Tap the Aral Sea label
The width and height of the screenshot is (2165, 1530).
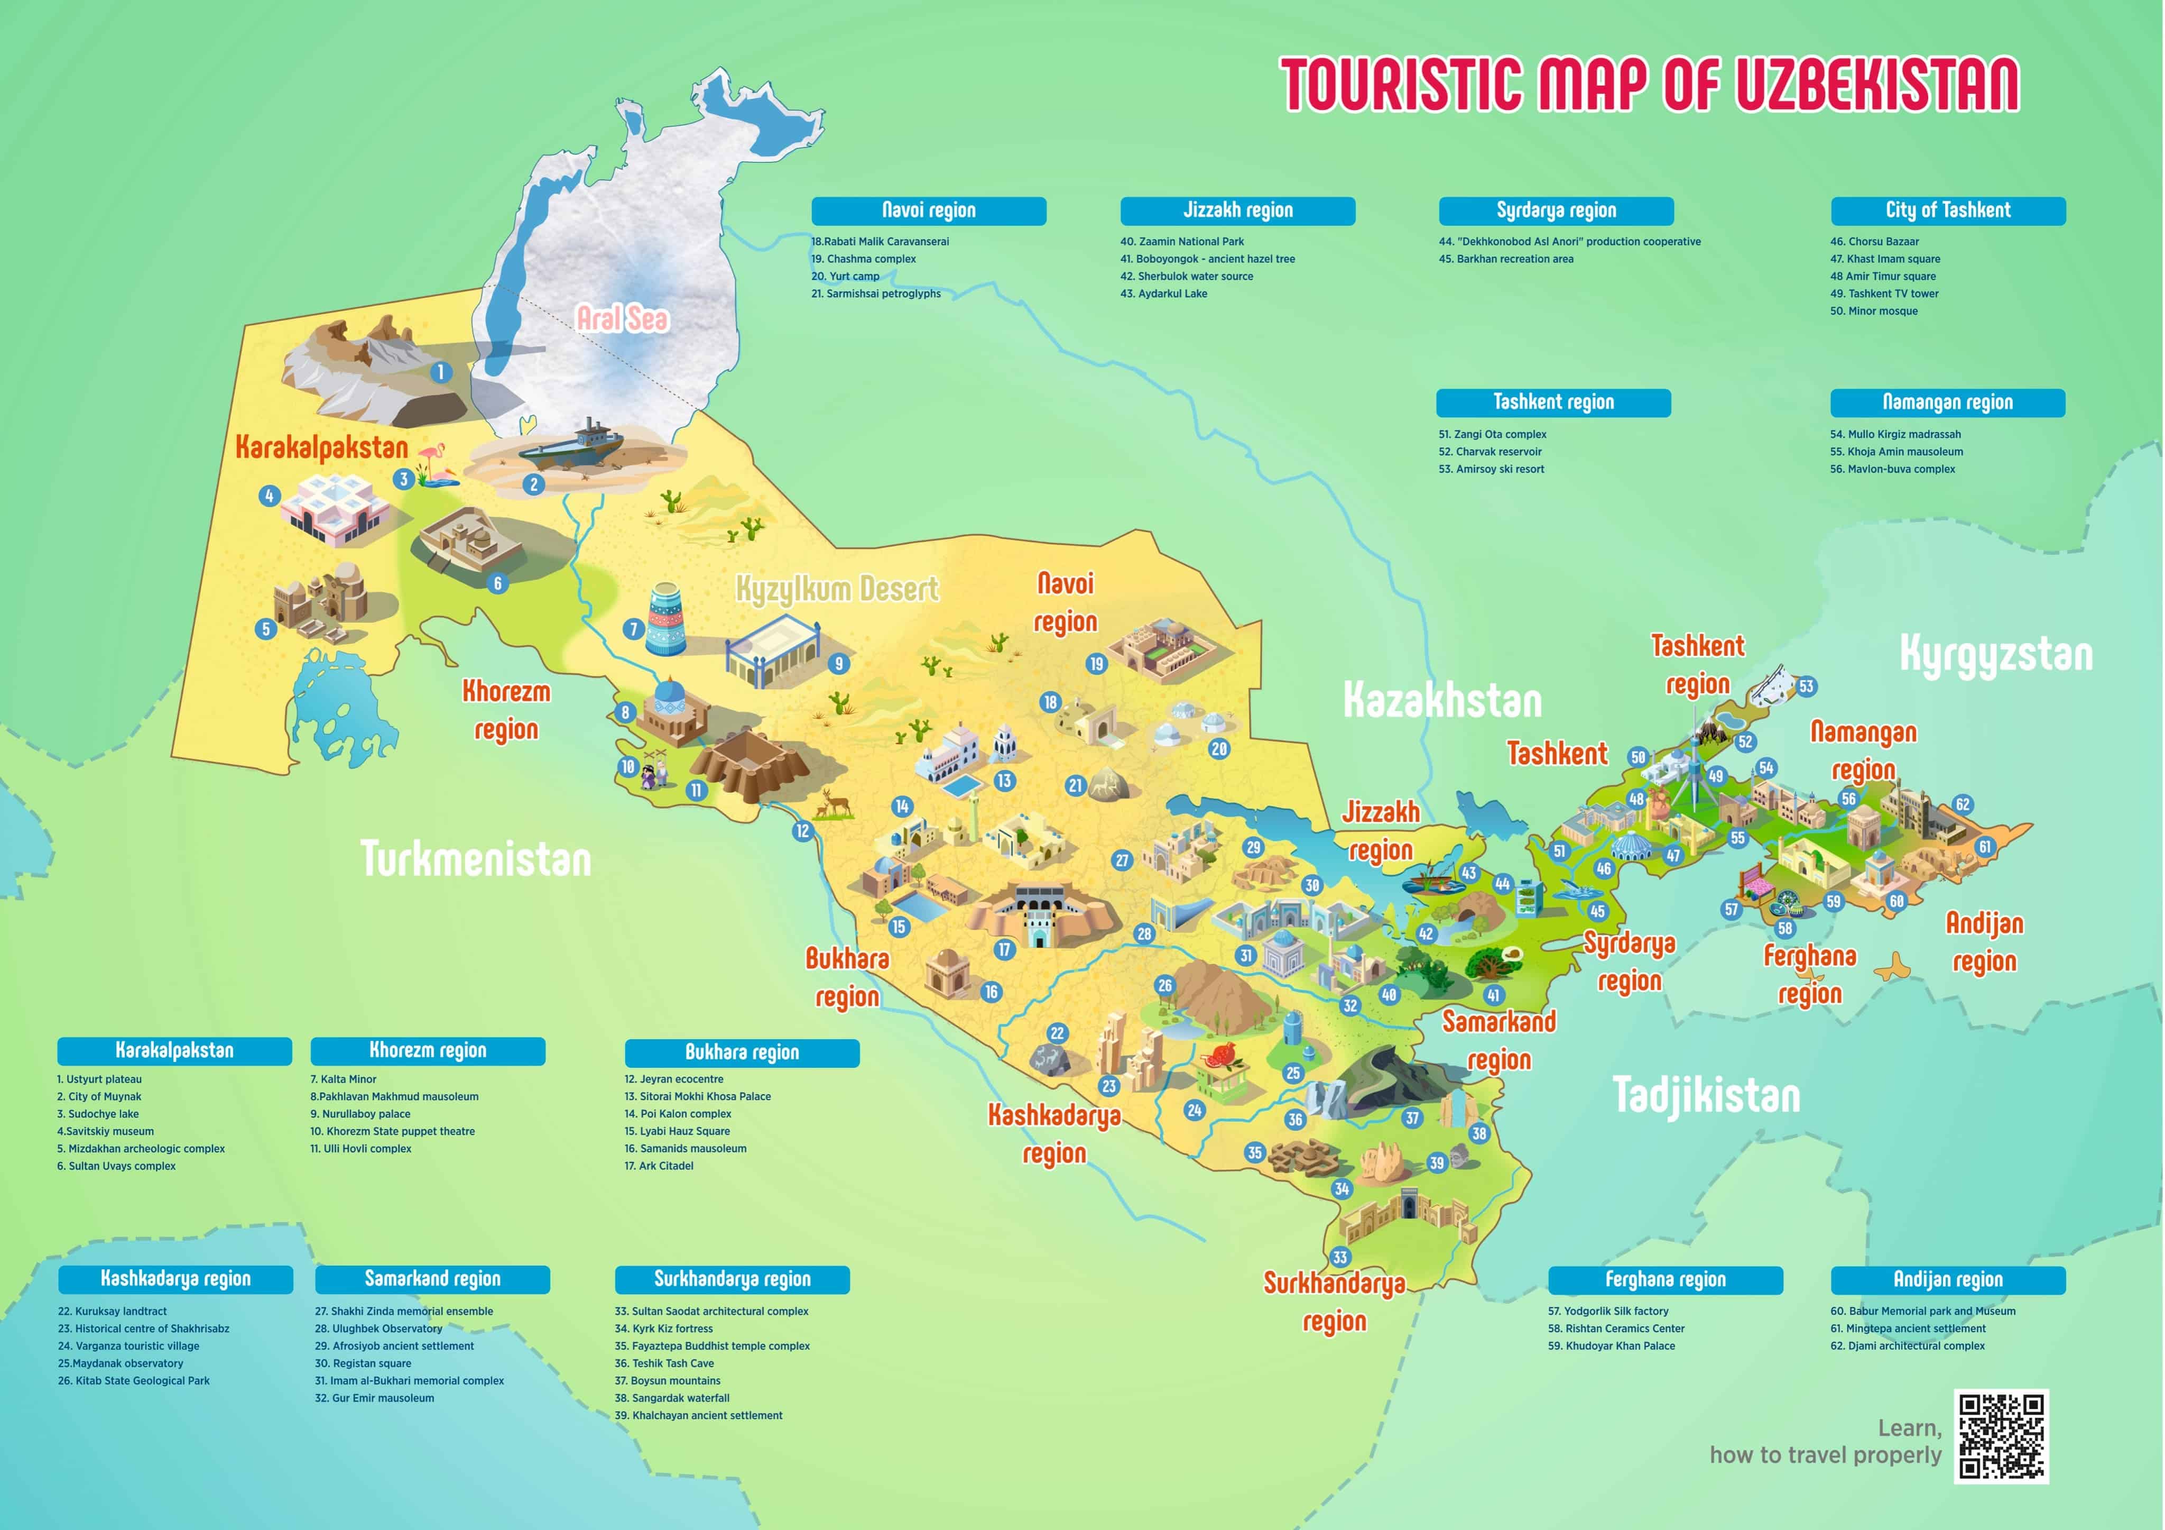point(622,319)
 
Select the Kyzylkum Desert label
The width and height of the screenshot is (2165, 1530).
point(836,590)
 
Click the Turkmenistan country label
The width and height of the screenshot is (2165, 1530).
point(476,858)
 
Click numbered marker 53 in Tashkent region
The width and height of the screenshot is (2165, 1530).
point(1806,686)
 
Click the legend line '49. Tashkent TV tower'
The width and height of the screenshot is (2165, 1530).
point(1883,294)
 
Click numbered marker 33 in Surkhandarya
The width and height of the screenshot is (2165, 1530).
point(1340,1258)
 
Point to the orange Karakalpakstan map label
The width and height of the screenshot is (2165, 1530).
point(321,447)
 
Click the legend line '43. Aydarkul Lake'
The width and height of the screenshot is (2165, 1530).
point(1163,294)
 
